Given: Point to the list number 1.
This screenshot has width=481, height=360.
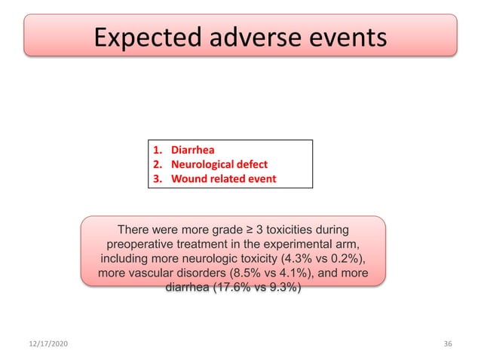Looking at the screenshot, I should click(157, 149).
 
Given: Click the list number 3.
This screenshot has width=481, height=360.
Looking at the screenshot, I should click(157, 179).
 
